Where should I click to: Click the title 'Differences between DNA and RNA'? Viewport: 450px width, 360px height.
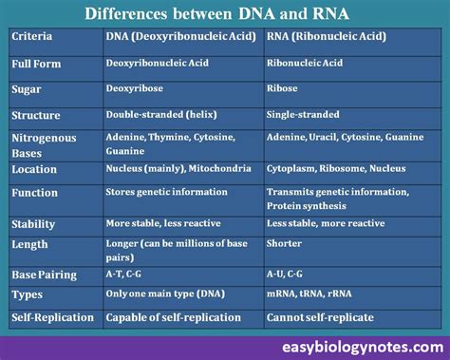(x=225, y=13)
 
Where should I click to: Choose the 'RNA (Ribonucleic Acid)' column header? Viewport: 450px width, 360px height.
(x=326, y=36)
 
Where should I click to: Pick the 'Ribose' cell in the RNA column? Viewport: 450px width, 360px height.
(x=283, y=87)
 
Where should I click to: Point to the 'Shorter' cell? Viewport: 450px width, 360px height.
(x=285, y=242)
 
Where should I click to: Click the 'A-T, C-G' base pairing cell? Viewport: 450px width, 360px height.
(x=127, y=275)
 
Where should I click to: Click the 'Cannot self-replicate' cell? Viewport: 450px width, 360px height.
(x=319, y=317)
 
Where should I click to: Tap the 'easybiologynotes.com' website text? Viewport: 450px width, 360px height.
(x=366, y=347)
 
